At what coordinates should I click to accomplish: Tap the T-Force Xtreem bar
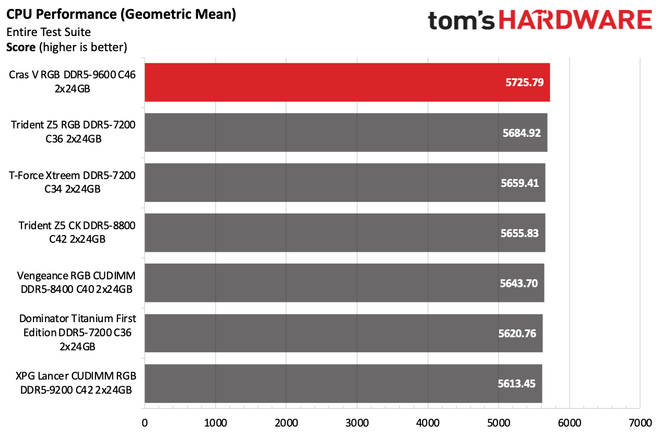345,183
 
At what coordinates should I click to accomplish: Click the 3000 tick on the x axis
357,421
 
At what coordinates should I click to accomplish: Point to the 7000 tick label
641,421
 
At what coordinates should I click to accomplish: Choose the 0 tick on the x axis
145,421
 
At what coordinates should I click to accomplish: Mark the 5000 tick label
499,421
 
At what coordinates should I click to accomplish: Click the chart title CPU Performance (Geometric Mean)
121,15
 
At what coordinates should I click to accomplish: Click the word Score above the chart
21,48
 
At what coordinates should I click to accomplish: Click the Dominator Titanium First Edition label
77,333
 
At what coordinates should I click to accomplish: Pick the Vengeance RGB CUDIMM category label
76,282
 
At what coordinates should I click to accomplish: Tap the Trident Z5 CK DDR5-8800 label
77,232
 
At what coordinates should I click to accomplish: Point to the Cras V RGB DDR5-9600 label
72,82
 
